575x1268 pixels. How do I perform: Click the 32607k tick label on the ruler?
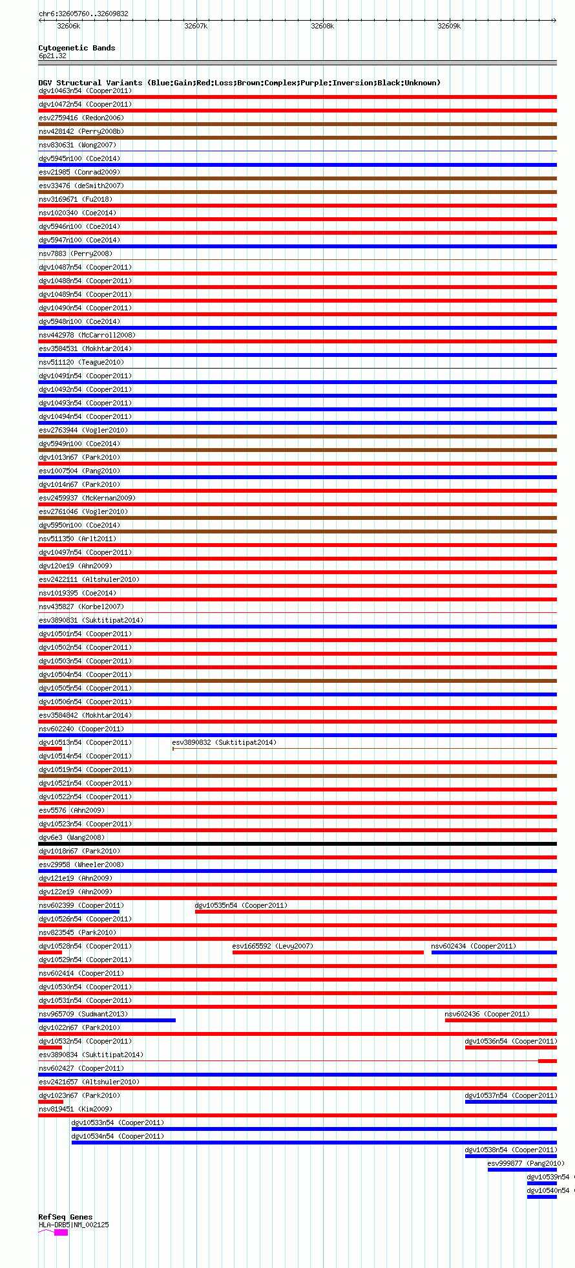pyautogui.click(x=196, y=26)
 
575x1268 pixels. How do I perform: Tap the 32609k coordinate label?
pyautogui.click(x=449, y=26)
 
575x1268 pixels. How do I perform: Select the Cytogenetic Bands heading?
pyautogui.click(x=76, y=48)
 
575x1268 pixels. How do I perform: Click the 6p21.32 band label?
pyautogui.click(x=52, y=56)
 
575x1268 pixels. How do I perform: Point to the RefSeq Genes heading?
pyautogui.click(x=65, y=1217)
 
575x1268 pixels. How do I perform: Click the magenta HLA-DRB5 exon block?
pyautogui.click(x=61, y=1232)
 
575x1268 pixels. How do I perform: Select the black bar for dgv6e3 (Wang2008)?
pyautogui.click(x=297, y=844)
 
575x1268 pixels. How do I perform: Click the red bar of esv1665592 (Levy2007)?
pyautogui.click(x=328, y=952)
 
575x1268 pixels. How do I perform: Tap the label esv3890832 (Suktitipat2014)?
pyautogui.click(x=224, y=742)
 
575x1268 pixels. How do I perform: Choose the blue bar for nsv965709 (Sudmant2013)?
pyautogui.click(x=107, y=1020)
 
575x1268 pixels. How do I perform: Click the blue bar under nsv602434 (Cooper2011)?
pyautogui.click(x=494, y=952)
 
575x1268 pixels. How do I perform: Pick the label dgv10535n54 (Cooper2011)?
pyautogui.click(x=241, y=905)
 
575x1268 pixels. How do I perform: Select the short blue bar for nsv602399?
pyautogui.click(x=79, y=912)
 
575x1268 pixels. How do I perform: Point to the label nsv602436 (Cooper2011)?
pyautogui.click(x=486, y=1014)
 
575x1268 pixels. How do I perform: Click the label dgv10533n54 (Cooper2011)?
pyautogui.click(x=118, y=1123)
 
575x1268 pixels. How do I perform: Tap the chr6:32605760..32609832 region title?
pyautogui.click(x=83, y=14)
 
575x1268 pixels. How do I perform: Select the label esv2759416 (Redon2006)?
pyautogui.click(x=81, y=118)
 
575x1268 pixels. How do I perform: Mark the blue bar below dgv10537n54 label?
pyautogui.click(x=510, y=1102)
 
